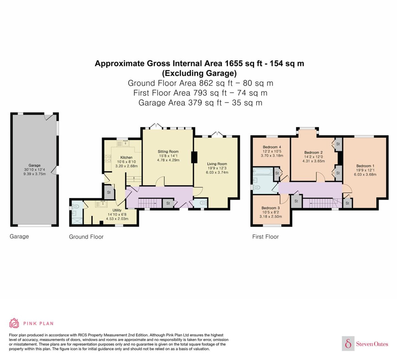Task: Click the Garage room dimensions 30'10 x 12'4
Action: tap(35, 170)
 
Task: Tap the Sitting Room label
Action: tap(168, 152)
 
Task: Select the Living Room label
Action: tap(217, 164)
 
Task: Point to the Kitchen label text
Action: tap(126, 158)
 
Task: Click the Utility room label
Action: tap(117, 210)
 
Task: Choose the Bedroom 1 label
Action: tap(365, 166)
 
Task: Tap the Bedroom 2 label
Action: tap(313, 153)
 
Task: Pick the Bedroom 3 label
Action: tap(271, 208)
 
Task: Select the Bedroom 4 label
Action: tap(272, 147)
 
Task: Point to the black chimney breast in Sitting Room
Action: tap(194, 157)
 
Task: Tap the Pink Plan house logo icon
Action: tap(14, 323)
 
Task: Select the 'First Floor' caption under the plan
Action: tap(265, 237)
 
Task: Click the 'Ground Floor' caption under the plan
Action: tap(86, 237)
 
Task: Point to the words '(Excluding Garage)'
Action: tap(199, 73)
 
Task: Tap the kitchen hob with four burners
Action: tap(108, 158)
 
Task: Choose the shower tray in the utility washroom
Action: tap(77, 221)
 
